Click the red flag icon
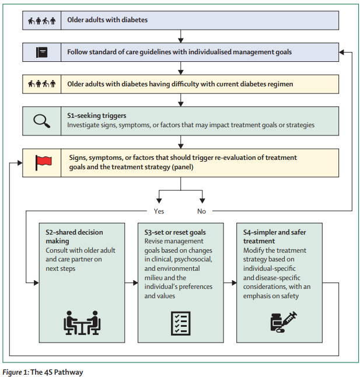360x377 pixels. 44,162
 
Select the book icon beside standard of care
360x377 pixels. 42,52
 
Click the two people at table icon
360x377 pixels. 82,322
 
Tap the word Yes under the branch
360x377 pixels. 158,211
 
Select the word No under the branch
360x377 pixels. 201,211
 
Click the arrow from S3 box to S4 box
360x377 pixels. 229,282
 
